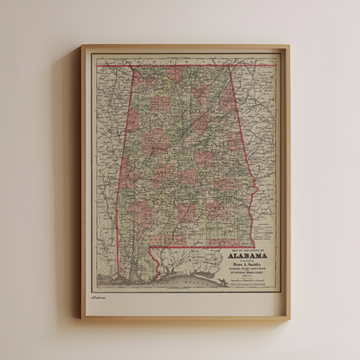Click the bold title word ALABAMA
(247, 255)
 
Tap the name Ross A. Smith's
(247, 264)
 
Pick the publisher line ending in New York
(247, 286)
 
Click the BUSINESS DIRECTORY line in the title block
(247, 273)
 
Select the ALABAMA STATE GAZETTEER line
(247, 268)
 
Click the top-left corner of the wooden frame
(81, 46)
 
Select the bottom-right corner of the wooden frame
(290, 318)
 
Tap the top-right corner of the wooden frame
(288, 46)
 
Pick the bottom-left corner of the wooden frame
(80, 318)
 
